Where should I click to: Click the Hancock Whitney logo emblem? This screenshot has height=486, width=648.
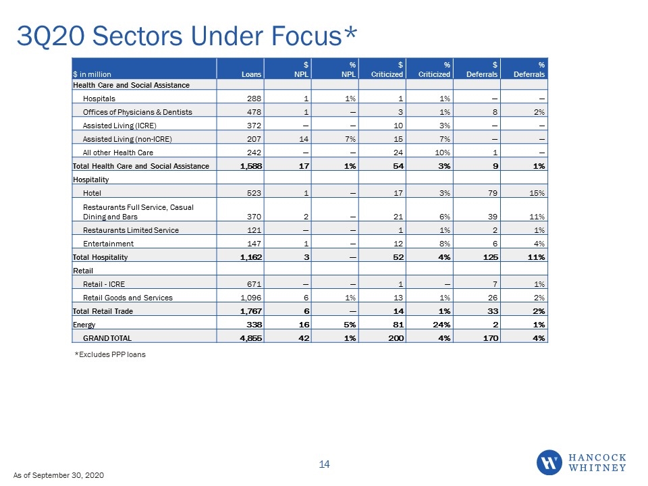pyautogui.click(x=549, y=462)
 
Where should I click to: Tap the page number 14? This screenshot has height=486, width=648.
pyautogui.click(x=324, y=464)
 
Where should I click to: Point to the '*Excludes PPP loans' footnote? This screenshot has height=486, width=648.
pyautogui.click(x=110, y=354)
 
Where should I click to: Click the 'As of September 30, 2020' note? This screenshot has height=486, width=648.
pyautogui.click(x=59, y=475)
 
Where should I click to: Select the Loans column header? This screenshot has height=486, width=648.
pyautogui.click(x=251, y=74)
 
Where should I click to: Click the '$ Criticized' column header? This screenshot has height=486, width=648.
pyautogui.click(x=387, y=70)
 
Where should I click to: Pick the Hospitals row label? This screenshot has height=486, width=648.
pyautogui.click(x=99, y=99)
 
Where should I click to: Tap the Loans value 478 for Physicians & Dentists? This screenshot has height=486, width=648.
pyautogui.click(x=254, y=112)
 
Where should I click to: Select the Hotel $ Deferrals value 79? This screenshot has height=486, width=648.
pyautogui.click(x=493, y=193)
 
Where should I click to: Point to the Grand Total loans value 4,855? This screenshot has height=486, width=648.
pyautogui.click(x=251, y=338)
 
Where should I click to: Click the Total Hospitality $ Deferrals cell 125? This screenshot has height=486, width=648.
pyautogui.click(x=491, y=257)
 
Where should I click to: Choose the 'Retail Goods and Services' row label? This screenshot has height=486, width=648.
pyautogui.click(x=128, y=298)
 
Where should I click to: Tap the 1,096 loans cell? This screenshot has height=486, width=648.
pyautogui.click(x=251, y=298)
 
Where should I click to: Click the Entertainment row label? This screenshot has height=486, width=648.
pyautogui.click(x=108, y=244)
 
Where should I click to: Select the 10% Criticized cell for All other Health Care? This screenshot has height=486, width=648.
pyautogui.click(x=442, y=153)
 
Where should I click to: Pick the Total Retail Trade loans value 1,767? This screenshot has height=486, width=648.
pyautogui.click(x=251, y=311)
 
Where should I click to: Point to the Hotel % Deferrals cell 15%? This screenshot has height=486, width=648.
pyautogui.click(x=537, y=193)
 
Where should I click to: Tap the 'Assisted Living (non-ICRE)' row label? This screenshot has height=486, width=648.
pyautogui.click(x=128, y=139)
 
